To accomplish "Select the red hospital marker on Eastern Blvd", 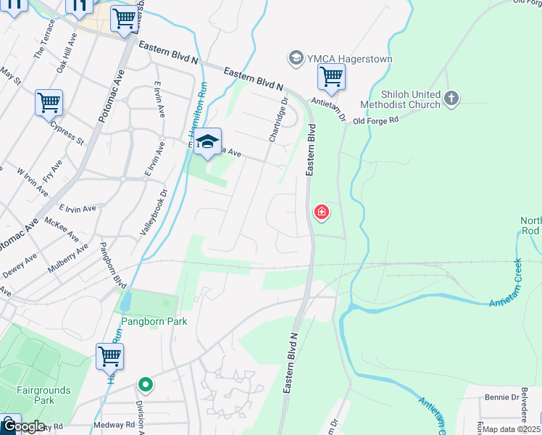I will [321, 212].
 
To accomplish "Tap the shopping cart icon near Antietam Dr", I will [331, 76].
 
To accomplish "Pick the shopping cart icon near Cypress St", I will [49, 103].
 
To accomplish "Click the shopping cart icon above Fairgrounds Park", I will [109, 357].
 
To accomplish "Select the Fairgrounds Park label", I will [44, 395].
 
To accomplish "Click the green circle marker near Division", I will [146, 384].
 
